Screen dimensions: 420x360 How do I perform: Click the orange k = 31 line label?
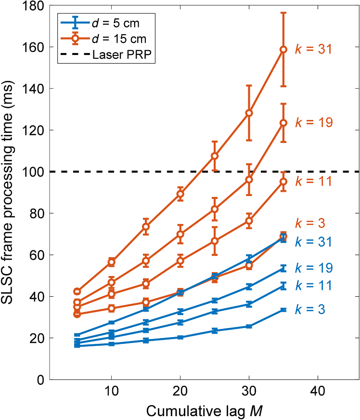(x=313, y=49)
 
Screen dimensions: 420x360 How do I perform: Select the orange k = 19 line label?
(x=313, y=122)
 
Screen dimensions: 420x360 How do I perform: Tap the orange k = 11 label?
(x=313, y=182)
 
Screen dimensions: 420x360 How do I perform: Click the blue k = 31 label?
(x=313, y=242)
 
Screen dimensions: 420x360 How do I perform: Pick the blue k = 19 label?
(x=313, y=268)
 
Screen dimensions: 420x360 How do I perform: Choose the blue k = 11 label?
(x=313, y=285)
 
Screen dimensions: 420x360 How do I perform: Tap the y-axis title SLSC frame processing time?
(x=10, y=193)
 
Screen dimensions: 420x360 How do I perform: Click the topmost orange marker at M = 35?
(x=283, y=49)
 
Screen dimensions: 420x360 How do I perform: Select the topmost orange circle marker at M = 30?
(x=249, y=113)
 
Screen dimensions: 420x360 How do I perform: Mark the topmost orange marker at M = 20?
(x=180, y=194)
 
